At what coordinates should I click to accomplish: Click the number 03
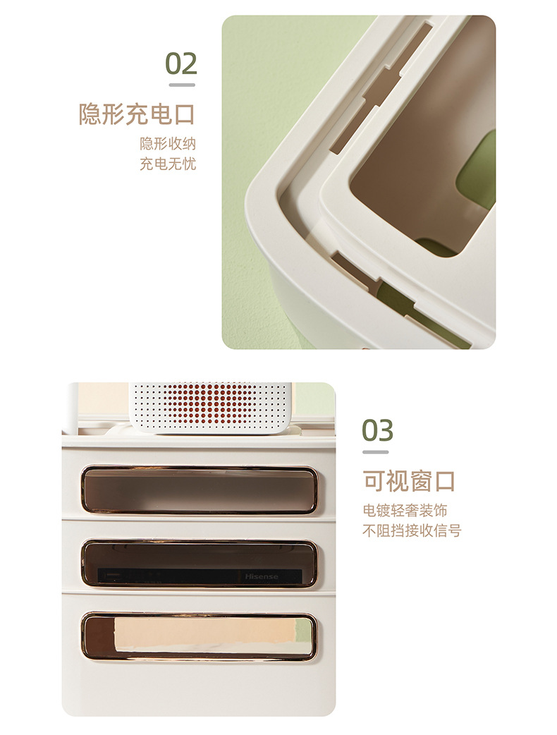coord(378,430)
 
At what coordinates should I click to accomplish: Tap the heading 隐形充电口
coord(137,114)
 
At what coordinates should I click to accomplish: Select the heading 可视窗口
coord(409,481)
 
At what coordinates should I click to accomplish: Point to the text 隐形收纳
coord(168,144)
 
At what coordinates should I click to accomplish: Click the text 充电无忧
coord(168,164)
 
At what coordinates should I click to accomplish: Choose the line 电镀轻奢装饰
coord(405,511)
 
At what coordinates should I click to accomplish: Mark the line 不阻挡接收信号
coord(412,530)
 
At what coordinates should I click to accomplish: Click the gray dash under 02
coord(181,85)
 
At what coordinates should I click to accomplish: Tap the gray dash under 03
coord(376,452)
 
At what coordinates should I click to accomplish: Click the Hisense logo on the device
coord(262,576)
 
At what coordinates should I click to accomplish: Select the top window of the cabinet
coord(199,489)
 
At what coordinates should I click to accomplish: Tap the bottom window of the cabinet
coord(199,636)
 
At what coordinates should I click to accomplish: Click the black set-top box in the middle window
coord(176,576)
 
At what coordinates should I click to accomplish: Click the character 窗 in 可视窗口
coord(421,481)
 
